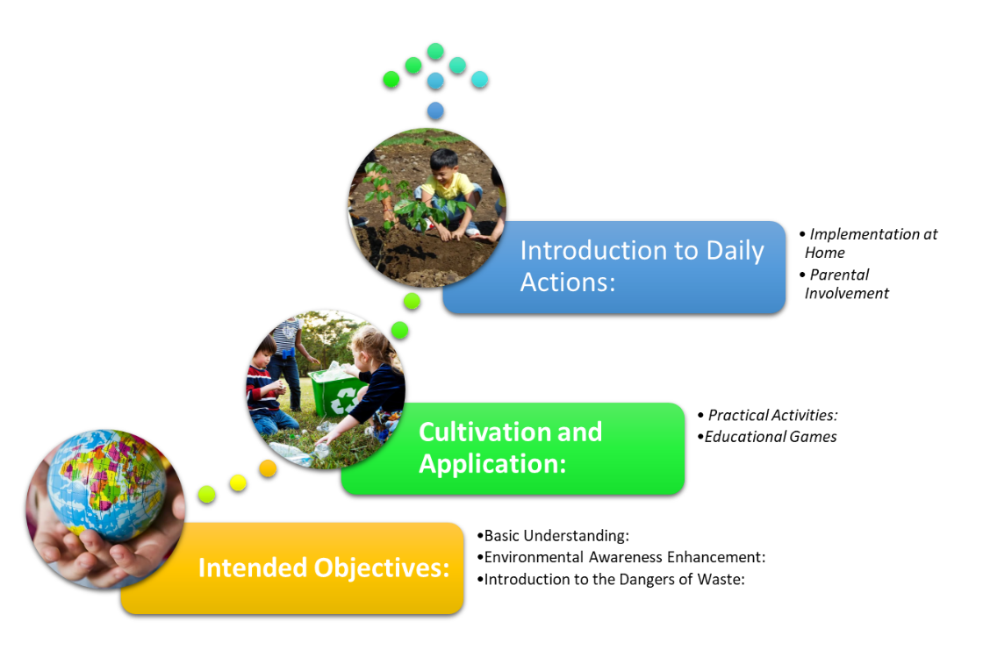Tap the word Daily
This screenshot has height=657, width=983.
coord(735,251)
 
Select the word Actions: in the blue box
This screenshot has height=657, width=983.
coord(567,282)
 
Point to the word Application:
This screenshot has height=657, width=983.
coord(492,462)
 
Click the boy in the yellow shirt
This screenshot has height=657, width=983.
coord(447,189)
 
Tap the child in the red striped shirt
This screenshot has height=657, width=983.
coord(264,387)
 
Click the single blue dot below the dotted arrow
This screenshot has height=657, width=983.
coord(435,111)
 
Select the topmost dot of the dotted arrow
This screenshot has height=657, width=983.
coord(435,51)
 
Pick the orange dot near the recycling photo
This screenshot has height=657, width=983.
coord(268,468)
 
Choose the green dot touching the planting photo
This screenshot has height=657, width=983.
coord(412,301)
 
